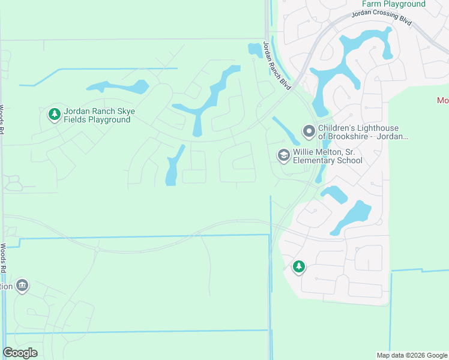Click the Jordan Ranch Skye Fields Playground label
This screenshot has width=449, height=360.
tap(97, 115)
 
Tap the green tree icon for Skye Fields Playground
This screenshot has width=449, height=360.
tap(54, 113)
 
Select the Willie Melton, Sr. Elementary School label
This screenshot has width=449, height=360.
tap(327, 156)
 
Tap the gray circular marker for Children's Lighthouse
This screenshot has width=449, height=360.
tap(309, 131)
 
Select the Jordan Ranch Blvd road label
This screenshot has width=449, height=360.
tap(277, 66)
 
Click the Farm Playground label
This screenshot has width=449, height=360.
tap(394, 4)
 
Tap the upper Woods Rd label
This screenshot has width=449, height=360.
tap(2, 120)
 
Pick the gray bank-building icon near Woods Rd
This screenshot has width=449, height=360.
tap(22, 285)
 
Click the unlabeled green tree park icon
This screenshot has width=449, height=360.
tap(299, 266)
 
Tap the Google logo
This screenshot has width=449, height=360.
tap(20, 353)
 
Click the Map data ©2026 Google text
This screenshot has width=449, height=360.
tap(411, 355)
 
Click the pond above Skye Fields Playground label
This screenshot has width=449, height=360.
tap(120, 88)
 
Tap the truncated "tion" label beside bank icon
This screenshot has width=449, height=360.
tap(6, 286)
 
